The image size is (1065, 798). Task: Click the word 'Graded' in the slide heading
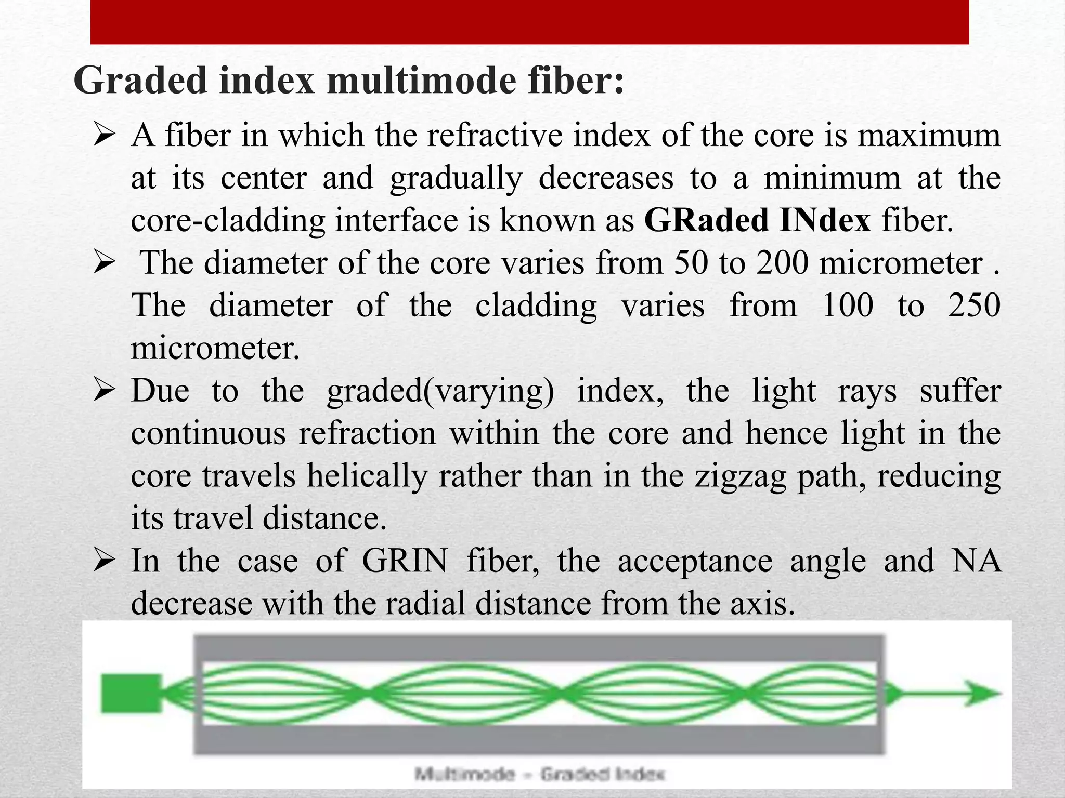pyautogui.click(x=140, y=81)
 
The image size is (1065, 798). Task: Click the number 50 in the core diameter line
pyautogui.click(x=691, y=263)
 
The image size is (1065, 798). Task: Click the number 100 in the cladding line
pyautogui.click(x=848, y=305)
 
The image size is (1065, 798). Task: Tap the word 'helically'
pyautogui.click(x=367, y=476)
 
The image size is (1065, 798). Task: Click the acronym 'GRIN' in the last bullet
pyautogui.click(x=405, y=561)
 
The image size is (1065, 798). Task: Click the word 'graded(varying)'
pyautogui.click(x=440, y=391)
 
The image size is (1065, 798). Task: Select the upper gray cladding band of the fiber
pyautogui.click(x=538, y=647)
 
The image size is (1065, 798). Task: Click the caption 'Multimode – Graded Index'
pyautogui.click(x=539, y=774)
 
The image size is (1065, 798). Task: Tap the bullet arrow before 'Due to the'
pyautogui.click(x=104, y=391)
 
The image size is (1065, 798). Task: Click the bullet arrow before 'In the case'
pyautogui.click(x=104, y=561)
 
